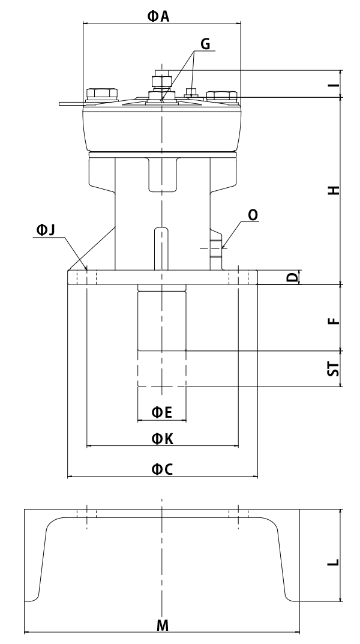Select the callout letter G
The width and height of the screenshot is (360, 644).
(205, 44)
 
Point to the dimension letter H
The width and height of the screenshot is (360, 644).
(336, 190)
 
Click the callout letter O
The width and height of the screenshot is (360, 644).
(252, 215)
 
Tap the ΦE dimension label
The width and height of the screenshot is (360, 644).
(161, 412)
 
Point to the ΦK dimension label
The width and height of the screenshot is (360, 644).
(161, 439)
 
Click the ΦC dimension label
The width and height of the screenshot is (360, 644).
(161, 470)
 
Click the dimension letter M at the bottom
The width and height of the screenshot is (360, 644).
(162, 625)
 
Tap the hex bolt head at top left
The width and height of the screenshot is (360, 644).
(101, 94)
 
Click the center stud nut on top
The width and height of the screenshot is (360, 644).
(162, 81)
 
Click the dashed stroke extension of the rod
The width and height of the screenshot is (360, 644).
(162, 369)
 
